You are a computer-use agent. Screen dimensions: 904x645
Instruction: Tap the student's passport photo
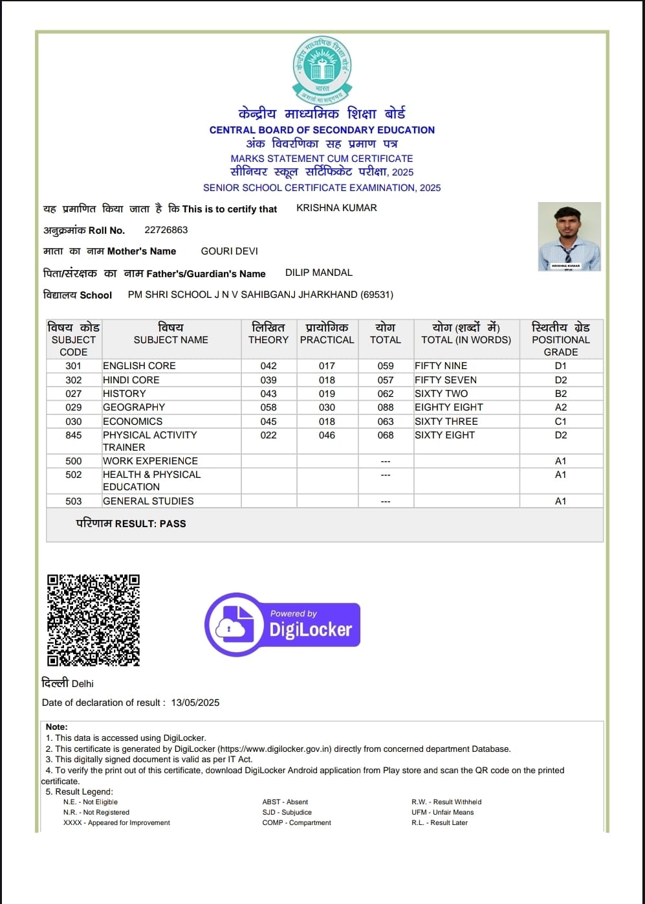point(569,236)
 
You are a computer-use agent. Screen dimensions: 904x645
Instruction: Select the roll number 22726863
point(166,230)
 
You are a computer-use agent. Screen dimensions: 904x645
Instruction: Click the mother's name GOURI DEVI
point(229,251)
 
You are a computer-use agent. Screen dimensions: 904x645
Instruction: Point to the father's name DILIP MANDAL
point(319,273)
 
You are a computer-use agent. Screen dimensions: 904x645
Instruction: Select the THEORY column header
point(268,339)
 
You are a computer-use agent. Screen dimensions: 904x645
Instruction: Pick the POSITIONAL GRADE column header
point(561,339)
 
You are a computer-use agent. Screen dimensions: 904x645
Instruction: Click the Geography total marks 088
point(386,407)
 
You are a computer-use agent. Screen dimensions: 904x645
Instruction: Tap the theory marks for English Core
point(268,366)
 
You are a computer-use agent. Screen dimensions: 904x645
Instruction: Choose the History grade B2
point(561,394)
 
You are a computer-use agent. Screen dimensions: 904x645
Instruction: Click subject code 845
point(74,435)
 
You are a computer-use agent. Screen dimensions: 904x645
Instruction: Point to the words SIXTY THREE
point(446,422)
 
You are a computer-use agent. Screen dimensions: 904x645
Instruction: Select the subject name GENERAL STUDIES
point(148,501)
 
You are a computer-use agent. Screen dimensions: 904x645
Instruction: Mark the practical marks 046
point(327,435)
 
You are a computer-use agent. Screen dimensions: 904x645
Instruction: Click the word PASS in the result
point(173,523)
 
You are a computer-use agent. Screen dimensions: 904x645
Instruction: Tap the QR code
point(93,620)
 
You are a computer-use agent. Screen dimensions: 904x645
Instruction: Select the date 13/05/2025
point(195,703)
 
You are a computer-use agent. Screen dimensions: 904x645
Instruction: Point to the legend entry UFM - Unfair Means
point(443,812)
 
